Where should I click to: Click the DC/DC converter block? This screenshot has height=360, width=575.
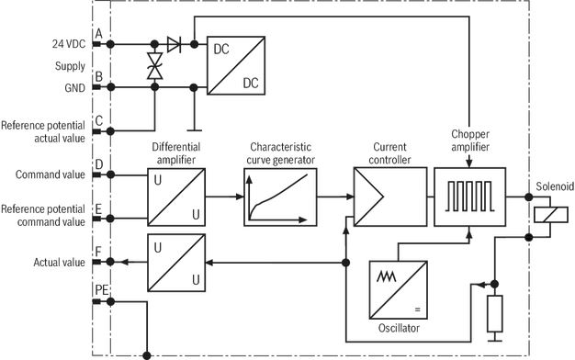pyautogui.click(x=236, y=65)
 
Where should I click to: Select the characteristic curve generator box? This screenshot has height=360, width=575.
pyautogui.click(x=280, y=197)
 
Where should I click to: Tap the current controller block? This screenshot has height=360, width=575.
pyautogui.click(x=390, y=197)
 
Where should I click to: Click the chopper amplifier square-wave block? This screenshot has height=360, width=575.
pyautogui.click(x=470, y=197)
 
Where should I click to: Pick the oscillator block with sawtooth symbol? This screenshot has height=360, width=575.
pyautogui.click(x=399, y=290)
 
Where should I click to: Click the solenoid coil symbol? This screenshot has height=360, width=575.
pyautogui.click(x=551, y=215)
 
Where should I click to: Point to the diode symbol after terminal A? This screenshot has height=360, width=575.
pyautogui.click(x=174, y=44)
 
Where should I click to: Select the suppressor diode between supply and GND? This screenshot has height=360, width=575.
pyautogui.click(x=154, y=65)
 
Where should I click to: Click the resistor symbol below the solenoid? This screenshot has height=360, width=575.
pyautogui.click(x=495, y=313)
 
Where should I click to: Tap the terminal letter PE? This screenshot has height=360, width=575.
pyautogui.click(x=102, y=290)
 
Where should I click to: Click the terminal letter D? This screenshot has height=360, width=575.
pyautogui.click(x=99, y=164)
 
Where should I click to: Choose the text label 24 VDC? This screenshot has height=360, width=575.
pyautogui.click(x=69, y=44)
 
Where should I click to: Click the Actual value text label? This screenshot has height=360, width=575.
pyautogui.click(x=59, y=263)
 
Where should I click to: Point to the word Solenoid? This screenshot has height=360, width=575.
pyautogui.click(x=555, y=186)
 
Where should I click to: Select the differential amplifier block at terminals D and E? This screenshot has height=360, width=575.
pyautogui.click(x=176, y=197)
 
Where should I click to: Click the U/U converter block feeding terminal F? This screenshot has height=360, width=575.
pyautogui.click(x=176, y=263)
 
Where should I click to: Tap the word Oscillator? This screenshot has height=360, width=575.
pyautogui.click(x=399, y=328)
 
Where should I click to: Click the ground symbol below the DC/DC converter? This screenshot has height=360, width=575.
pyautogui.click(x=194, y=129)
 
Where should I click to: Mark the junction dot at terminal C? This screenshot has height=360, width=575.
pyautogui.click(x=110, y=131)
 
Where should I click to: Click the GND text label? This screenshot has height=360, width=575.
pyautogui.click(x=74, y=88)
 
